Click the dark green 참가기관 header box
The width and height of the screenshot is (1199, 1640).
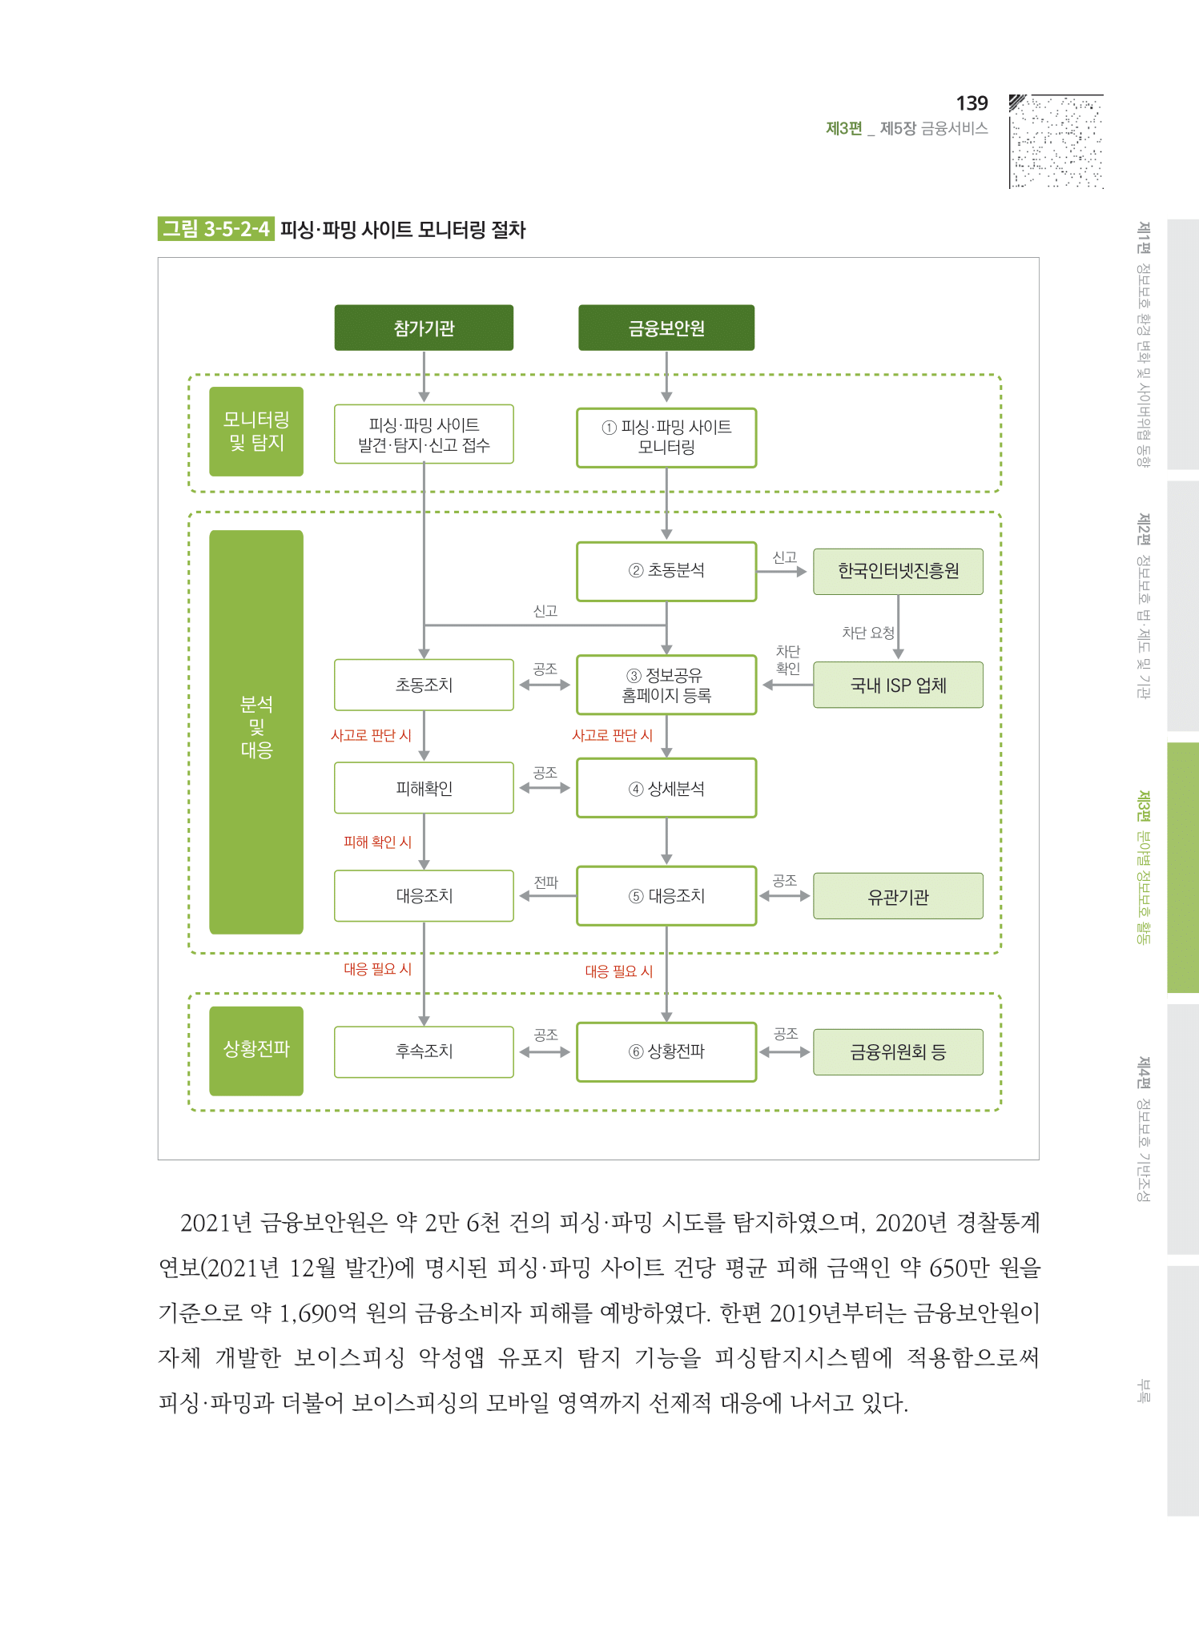click(424, 328)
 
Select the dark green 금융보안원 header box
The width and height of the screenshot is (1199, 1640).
click(666, 328)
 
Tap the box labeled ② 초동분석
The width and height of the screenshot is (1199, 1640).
click(666, 571)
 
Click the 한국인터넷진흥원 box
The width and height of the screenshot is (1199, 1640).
click(898, 571)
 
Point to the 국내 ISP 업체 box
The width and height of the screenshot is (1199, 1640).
click(898, 685)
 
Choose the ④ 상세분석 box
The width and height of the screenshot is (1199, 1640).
click(666, 789)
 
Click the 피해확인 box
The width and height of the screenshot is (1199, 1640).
click(424, 789)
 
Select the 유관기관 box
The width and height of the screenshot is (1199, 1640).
click(898, 897)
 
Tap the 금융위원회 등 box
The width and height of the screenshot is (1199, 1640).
click(898, 1052)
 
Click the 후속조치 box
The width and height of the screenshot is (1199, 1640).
click(424, 1051)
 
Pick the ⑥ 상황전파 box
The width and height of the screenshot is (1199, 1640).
click(666, 1051)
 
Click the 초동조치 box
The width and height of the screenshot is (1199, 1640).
click(424, 685)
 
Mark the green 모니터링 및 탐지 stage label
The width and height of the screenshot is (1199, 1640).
click(256, 432)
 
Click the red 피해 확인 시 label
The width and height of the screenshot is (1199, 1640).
click(377, 842)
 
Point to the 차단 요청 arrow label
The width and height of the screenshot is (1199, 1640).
click(867, 633)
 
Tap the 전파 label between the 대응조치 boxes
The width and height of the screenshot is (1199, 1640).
click(545, 882)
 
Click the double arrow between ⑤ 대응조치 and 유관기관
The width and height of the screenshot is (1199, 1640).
click(785, 896)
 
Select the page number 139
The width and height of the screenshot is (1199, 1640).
click(972, 103)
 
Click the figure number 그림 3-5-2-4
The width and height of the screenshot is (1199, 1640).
click(216, 229)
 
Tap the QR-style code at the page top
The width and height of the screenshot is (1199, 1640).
click(1056, 142)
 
